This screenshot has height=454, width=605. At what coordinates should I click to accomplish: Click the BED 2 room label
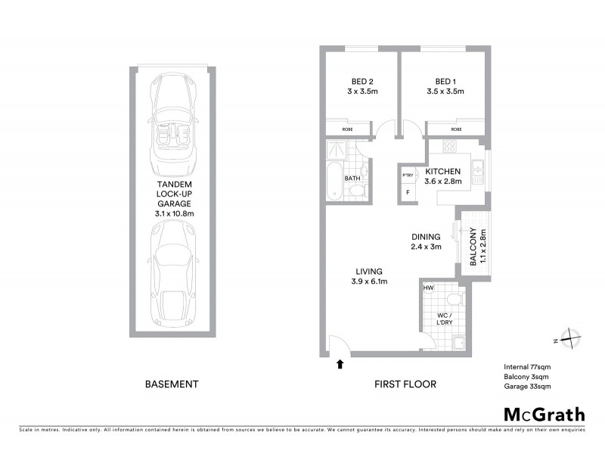click(x=362, y=81)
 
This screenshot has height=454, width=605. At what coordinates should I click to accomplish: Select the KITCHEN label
click(x=443, y=172)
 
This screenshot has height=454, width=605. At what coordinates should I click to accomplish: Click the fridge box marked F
click(x=408, y=192)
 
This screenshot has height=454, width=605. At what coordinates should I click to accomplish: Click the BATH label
click(x=352, y=179)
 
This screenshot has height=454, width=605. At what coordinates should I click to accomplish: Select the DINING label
click(x=424, y=236)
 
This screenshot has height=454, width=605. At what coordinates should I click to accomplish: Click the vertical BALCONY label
click(x=473, y=247)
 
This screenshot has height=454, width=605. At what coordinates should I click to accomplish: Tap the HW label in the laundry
click(x=429, y=288)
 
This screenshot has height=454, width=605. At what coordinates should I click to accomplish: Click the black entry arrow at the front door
click(x=340, y=364)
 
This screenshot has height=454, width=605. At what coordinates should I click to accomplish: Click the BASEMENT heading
click(x=172, y=384)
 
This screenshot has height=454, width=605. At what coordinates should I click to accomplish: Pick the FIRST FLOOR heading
click(x=405, y=384)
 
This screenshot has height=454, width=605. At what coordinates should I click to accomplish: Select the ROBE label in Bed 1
click(x=455, y=129)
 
